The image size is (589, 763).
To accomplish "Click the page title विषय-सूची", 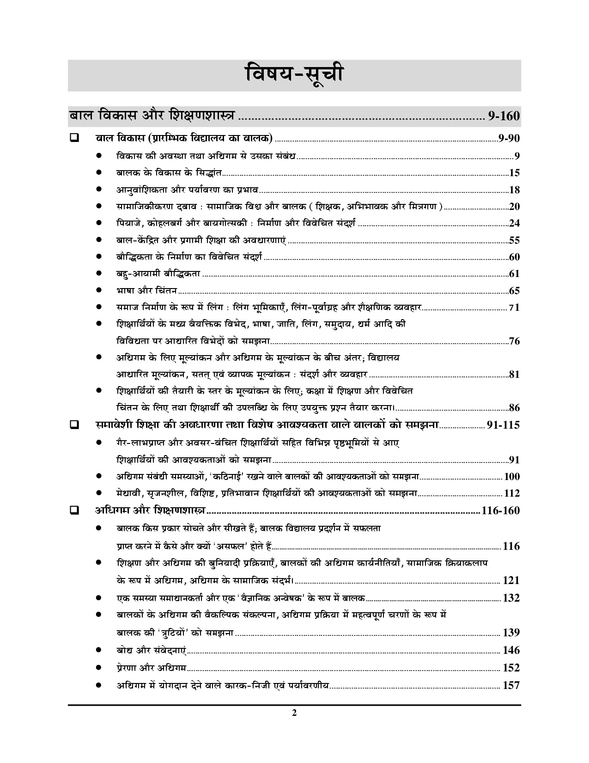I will point(294,75).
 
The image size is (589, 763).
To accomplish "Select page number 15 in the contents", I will point(515,173).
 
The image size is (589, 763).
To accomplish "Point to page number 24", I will point(514,223).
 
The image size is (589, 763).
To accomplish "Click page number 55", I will point(514,240).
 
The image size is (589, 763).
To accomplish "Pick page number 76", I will point(514,342).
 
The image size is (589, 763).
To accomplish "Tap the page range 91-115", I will point(503,425).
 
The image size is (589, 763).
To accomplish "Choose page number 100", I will point(512,477).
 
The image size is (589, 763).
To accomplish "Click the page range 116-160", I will point(500,511).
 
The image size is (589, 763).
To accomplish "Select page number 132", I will point(511,598).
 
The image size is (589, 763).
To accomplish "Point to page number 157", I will point(511,685).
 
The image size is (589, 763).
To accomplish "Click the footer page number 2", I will point(294,726).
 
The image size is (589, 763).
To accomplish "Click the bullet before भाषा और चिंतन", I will point(98,291).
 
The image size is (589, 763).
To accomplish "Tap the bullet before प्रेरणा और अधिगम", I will point(98,668).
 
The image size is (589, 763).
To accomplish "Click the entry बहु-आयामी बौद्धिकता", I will point(158,274).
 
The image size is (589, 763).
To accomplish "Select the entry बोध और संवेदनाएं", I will point(151,650).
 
